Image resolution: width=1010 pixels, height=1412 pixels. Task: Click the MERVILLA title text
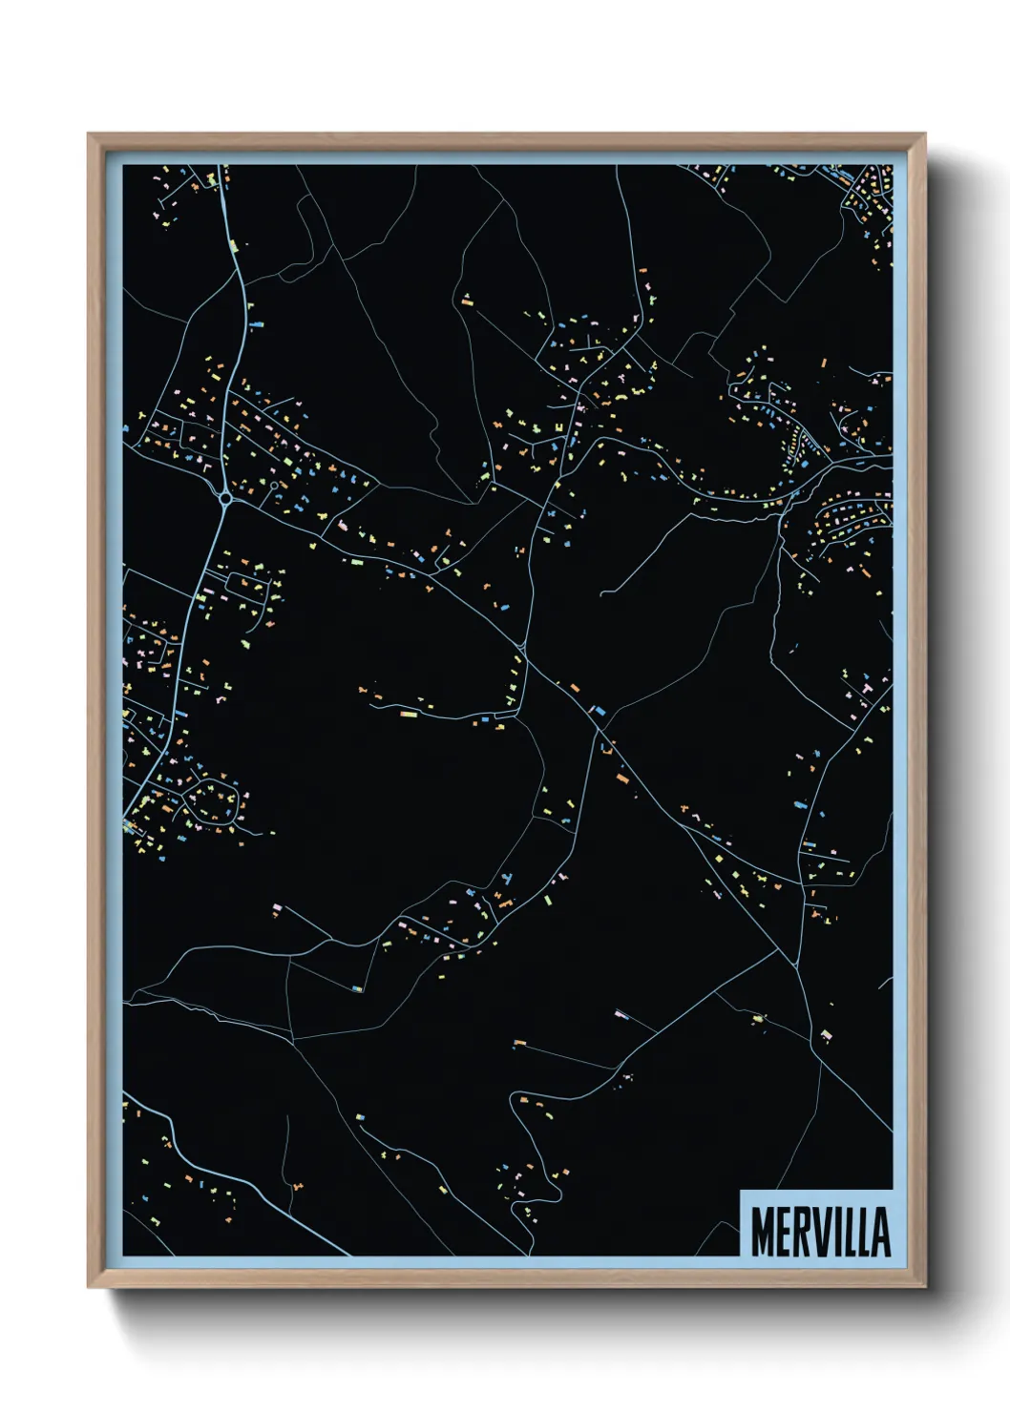pyautogui.click(x=820, y=1232)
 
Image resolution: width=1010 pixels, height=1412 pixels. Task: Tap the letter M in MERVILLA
pyautogui.click(x=763, y=1232)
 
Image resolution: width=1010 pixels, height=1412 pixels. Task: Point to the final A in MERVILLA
pyautogui.click(x=879, y=1232)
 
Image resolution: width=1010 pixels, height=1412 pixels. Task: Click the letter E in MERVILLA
pyautogui.click(x=784, y=1232)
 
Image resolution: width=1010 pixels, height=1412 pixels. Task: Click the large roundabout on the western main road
pyautogui.click(x=225, y=497)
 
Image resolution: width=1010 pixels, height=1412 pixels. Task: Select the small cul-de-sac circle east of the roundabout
pyautogui.click(x=275, y=487)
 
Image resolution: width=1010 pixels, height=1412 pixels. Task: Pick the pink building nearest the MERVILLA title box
pyautogui.click(x=827, y=1033)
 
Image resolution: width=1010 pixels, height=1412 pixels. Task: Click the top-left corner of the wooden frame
pyautogui.click(x=90, y=135)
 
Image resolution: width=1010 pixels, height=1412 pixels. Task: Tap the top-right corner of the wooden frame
pyautogui.click(x=924, y=135)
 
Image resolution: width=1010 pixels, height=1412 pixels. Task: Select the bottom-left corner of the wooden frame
pyautogui.click(x=90, y=1286)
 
